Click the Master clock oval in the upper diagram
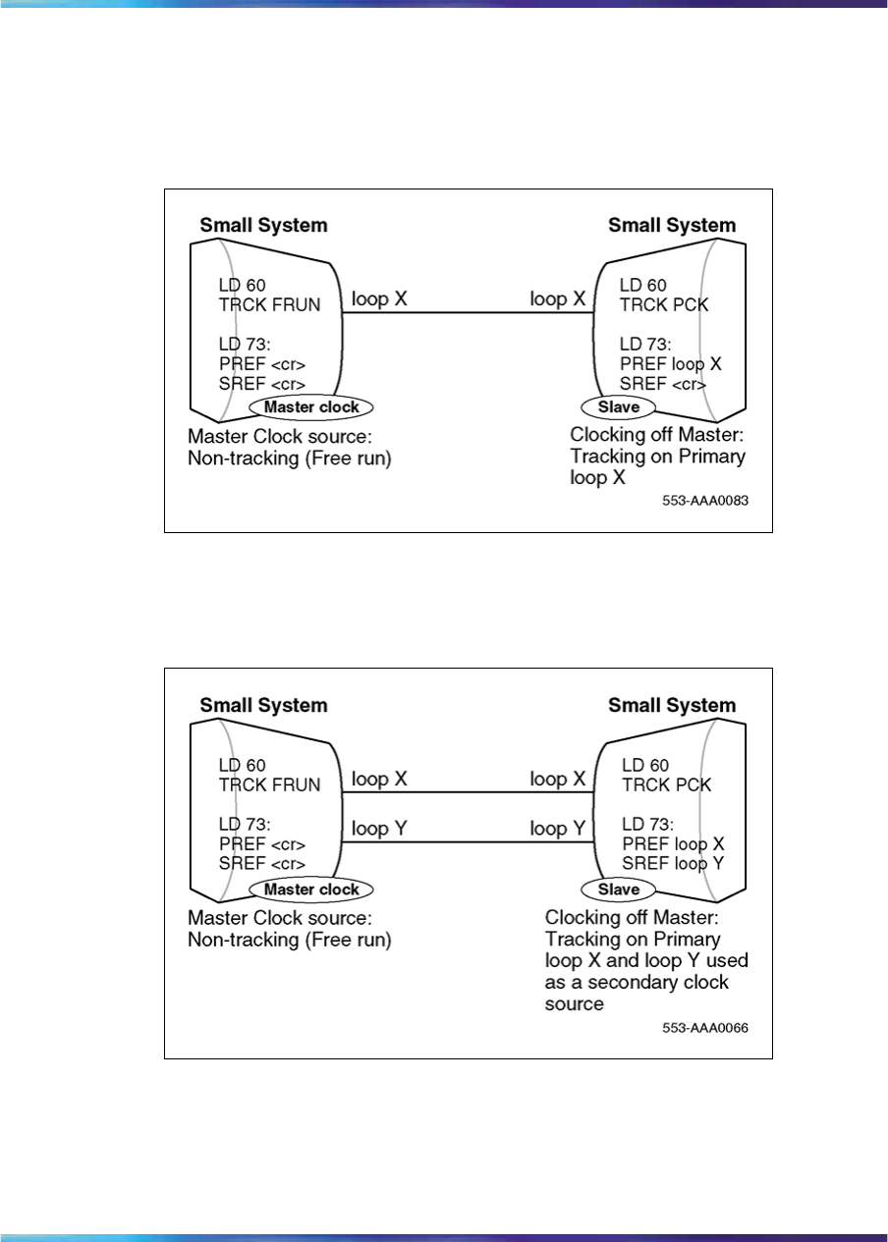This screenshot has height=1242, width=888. [x=311, y=406]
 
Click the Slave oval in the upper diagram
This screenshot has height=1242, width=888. [x=619, y=406]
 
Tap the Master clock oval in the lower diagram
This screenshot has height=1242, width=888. [x=311, y=890]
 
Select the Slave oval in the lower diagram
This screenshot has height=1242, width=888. [x=619, y=890]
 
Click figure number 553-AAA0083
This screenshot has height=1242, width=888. [x=705, y=500]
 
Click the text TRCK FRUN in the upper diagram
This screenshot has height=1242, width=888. [x=269, y=304]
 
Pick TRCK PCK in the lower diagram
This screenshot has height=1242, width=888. [x=667, y=784]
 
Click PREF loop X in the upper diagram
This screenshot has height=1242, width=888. [x=670, y=364]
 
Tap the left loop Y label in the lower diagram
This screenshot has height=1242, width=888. [x=379, y=829]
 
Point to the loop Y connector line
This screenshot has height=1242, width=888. [x=469, y=841]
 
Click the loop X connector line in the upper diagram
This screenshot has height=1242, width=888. [x=469, y=313]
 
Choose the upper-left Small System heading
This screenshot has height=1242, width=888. [x=263, y=225]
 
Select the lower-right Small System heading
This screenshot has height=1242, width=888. [x=672, y=705]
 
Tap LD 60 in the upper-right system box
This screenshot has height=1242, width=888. [x=641, y=285]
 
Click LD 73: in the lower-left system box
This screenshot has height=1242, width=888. [x=245, y=825]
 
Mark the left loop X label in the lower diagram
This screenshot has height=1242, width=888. [x=379, y=779]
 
